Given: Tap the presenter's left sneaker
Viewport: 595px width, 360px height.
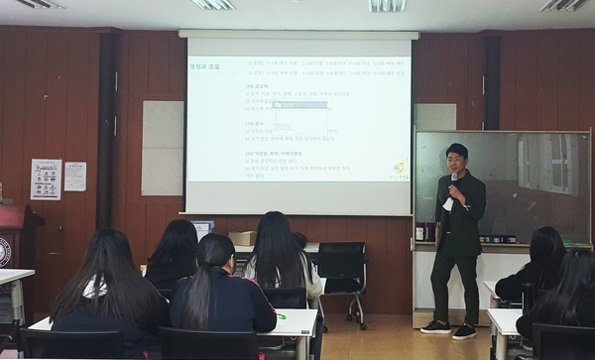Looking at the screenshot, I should pos(435,326).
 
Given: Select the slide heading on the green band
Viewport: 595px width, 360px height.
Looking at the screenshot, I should pos(205,66).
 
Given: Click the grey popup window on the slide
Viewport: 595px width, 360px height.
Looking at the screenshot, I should pos(300,103).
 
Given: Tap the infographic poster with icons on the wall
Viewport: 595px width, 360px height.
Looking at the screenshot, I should pos(46,179).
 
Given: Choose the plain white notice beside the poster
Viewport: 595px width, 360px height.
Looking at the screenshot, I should pos(75,177).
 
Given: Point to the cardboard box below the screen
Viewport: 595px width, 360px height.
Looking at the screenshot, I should pos(241,238).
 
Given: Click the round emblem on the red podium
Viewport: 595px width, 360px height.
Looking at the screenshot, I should pos(5,250).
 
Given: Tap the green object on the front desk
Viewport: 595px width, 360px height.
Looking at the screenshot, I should pos(281,316).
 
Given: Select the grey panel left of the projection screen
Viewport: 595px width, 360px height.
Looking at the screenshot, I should pos(163,148).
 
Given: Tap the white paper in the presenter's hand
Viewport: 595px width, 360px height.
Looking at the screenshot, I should pos(448,203).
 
